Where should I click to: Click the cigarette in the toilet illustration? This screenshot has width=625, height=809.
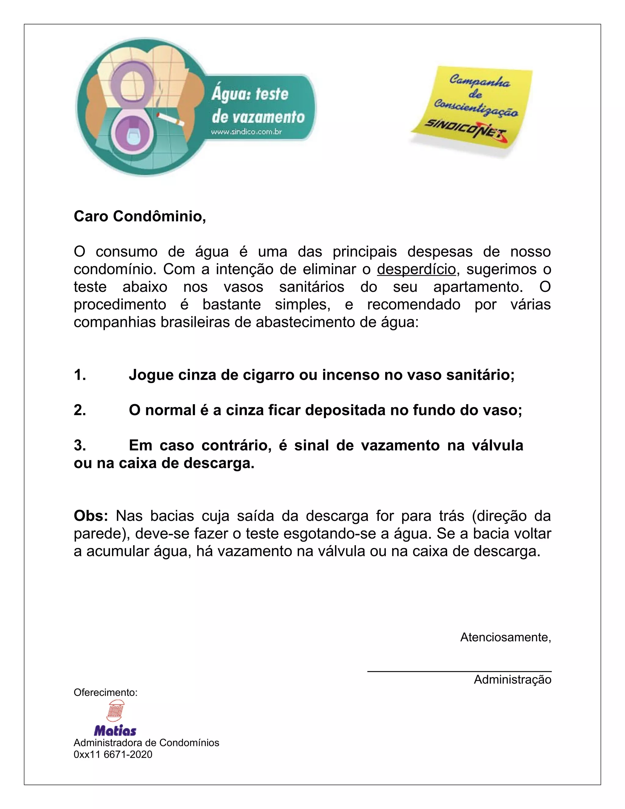(x=171, y=118)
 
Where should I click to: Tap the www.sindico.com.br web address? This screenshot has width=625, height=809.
(x=246, y=132)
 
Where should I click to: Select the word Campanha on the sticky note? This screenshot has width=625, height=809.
(x=479, y=81)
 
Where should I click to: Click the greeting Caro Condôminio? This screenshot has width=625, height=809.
(x=139, y=216)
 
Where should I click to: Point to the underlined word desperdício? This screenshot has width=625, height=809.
(x=416, y=269)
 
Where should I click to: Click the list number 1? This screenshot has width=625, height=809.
(x=80, y=375)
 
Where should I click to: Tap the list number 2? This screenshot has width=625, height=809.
(x=80, y=410)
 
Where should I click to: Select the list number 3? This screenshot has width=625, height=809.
(x=80, y=445)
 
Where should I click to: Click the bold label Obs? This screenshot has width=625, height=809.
(x=91, y=516)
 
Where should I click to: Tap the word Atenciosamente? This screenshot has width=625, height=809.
(x=505, y=637)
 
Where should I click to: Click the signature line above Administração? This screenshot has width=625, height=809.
(x=459, y=671)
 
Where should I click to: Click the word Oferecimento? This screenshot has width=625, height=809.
(x=106, y=692)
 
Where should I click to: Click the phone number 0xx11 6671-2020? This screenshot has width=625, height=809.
(x=113, y=755)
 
